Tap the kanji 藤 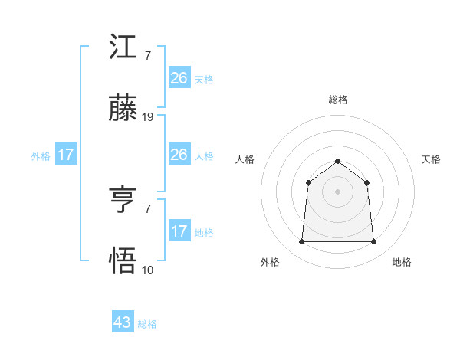pyautogui.click(x=123, y=110)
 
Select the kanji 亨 pyautogui.click(x=123, y=201)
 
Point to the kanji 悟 pyautogui.click(x=123, y=262)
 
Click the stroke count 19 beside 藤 pyautogui.click(x=148, y=117)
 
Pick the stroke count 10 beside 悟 pyautogui.click(x=148, y=270)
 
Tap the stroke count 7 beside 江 pyautogui.click(x=147, y=56)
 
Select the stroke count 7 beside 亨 pyautogui.click(x=147, y=208)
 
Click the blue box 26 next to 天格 pyautogui.click(x=179, y=78)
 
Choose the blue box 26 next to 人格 pyautogui.click(x=179, y=155)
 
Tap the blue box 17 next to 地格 pyautogui.click(x=179, y=231)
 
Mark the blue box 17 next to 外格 pyautogui.click(x=66, y=155)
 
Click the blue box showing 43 pyautogui.click(x=123, y=322)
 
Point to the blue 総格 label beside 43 pyautogui.click(x=148, y=324)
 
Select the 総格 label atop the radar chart pyautogui.click(x=338, y=100)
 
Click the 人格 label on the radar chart pyautogui.click(x=245, y=159)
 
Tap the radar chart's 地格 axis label pyautogui.click(x=402, y=262)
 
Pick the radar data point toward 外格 pyautogui.click(x=302, y=242)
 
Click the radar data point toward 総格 pyautogui.click(x=338, y=161)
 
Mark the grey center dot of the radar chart pyautogui.click(x=338, y=191)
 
